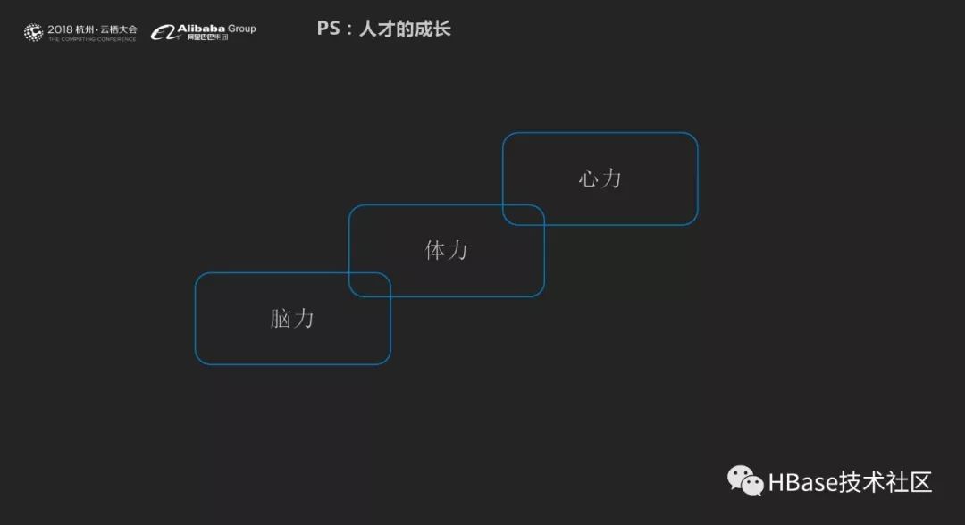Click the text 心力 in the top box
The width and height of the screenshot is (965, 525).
coord(600,179)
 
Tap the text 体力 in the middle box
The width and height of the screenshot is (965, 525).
coord(446,250)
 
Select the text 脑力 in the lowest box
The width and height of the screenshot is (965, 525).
coord(292,318)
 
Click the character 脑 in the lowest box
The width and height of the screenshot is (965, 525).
coord(281,318)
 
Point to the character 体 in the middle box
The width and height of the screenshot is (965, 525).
coord(435,250)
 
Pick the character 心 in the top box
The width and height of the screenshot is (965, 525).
coord(589,179)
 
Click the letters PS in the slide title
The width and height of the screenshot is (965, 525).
coord(328,29)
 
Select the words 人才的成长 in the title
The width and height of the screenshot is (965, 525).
coord(406,29)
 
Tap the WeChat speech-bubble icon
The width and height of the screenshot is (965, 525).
coord(745,481)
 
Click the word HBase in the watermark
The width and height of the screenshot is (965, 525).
coord(802,483)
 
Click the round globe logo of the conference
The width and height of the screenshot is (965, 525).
coord(34,33)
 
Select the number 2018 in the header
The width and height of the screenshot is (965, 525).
coord(61,29)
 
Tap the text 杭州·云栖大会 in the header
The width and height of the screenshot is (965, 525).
coord(107,29)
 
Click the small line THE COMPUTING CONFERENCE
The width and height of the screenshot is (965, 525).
coord(92,40)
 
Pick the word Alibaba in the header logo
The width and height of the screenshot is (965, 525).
coord(201,29)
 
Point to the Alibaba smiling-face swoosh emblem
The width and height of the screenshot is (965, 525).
coord(163,33)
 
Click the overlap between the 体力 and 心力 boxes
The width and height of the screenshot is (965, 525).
coord(524,214)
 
